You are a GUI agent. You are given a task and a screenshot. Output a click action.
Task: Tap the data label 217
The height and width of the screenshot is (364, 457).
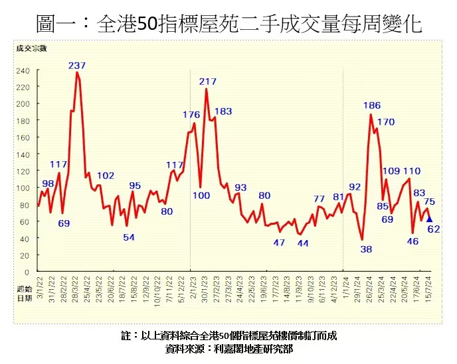208,82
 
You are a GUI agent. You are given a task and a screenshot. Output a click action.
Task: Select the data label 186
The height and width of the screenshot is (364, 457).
372,105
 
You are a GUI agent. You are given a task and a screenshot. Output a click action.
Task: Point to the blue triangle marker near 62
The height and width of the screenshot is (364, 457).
429,219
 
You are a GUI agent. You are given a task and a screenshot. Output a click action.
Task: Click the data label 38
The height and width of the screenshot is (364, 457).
367,249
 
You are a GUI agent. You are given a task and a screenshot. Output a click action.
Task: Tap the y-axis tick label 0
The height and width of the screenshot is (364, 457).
27,272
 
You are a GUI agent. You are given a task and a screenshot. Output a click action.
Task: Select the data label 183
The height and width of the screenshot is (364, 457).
223,111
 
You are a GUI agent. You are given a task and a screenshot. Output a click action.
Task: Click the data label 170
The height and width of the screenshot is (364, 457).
385,122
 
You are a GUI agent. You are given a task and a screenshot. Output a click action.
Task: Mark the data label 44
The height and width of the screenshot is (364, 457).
303,243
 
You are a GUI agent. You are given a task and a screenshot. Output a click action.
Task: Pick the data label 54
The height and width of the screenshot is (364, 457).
129,237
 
